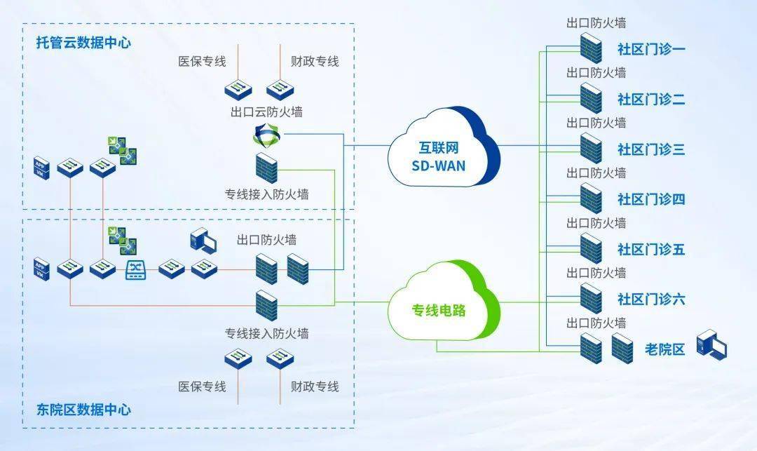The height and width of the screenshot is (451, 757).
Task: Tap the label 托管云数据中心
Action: [x=83, y=43]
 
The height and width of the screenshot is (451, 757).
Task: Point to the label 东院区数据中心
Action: [x=83, y=409]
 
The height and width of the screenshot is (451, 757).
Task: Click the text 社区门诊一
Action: [x=651, y=49]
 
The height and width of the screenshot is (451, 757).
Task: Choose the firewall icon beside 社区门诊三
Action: [x=591, y=148]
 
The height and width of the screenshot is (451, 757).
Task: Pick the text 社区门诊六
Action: [x=651, y=299]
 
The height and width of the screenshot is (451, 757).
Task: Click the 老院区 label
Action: [x=664, y=349]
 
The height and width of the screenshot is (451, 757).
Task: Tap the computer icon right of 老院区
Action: [x=711, y=348]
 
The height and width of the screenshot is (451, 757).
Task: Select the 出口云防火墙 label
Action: [x=266, y=112]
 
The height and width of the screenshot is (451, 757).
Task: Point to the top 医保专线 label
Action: [x=202, y=62]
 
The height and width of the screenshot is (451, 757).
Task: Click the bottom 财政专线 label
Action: [x=315, y=386]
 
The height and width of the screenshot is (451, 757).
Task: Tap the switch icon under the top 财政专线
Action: [x=279, y=88]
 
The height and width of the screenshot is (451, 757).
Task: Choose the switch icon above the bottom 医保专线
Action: [x=238, y=359]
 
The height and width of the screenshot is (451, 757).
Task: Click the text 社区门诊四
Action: [x=651, y=199]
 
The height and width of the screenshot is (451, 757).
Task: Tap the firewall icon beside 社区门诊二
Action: [x=591, y=98]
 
